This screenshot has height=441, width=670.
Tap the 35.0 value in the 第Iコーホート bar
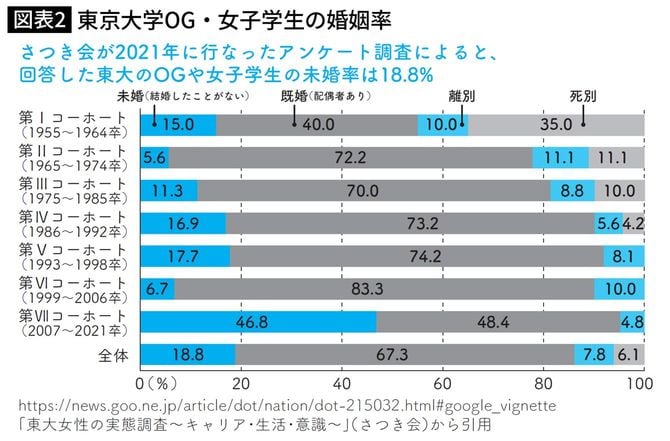tap(554, 125)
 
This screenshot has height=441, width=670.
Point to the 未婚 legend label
tap(130, 96)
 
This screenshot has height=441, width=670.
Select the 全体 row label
tap(108, 354)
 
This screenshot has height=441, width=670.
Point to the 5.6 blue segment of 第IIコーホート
tap(155, 158)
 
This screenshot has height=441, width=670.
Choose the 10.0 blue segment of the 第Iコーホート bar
tap(441, 125)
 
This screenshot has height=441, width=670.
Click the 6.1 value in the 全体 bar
tap(627, 355)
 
